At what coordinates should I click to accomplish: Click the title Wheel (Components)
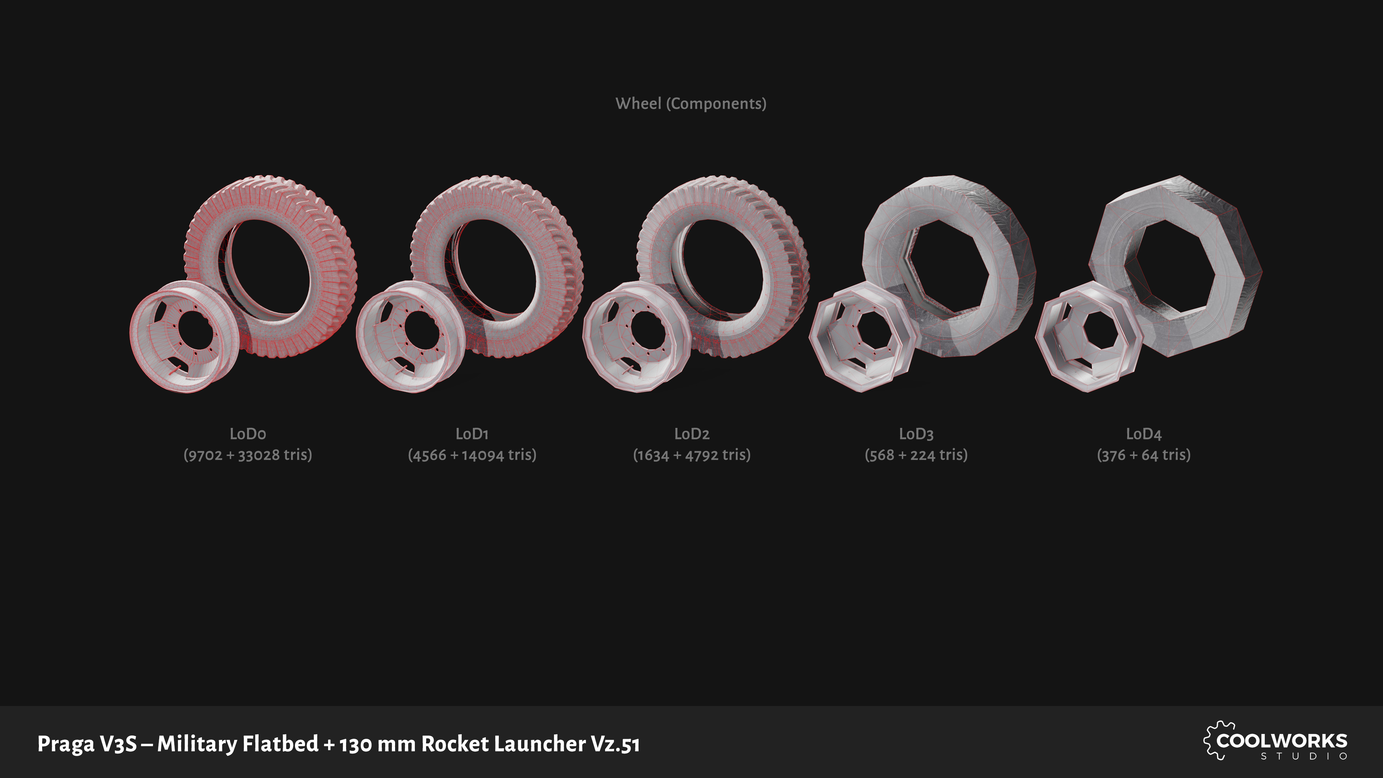pos(691,104)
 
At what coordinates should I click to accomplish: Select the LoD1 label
pos(472,434)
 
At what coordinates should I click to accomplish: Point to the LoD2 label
pos(691,434)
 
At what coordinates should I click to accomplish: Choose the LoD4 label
pos(1143,434)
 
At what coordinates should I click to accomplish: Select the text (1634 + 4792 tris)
pos(691,455)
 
